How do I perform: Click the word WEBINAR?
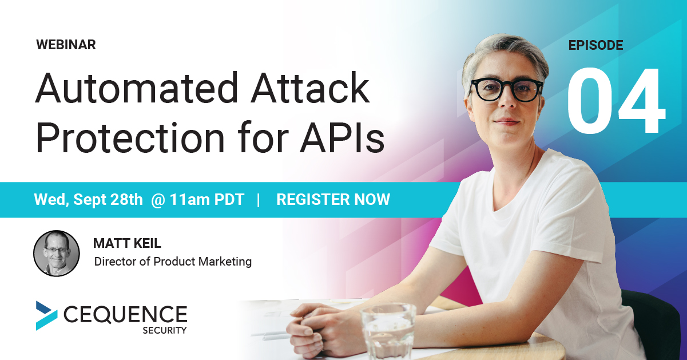tap(66, 45)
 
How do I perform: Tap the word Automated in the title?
tap(137, 88)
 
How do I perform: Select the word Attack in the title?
tap(310, 88)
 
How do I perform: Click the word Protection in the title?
tap(130, 137)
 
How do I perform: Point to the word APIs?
tap(342, 137)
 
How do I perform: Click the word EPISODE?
tap(595, 45)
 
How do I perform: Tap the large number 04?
tap(616, 101)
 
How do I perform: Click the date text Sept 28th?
tap(108, 200)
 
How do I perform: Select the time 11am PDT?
tap(207, 200)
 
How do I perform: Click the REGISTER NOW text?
tap(333, 200)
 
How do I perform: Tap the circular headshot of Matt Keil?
tap(57, 253)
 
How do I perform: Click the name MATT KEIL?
tap(127, 243)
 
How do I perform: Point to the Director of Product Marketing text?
tap(173, 262)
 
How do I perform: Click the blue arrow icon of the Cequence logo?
tap(46, 315)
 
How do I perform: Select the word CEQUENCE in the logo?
tap(125, 315)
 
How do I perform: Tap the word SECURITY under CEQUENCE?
tap(164, 331)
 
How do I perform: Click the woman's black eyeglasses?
tap(506, 90)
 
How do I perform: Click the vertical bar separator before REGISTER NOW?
tap(258, 200)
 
